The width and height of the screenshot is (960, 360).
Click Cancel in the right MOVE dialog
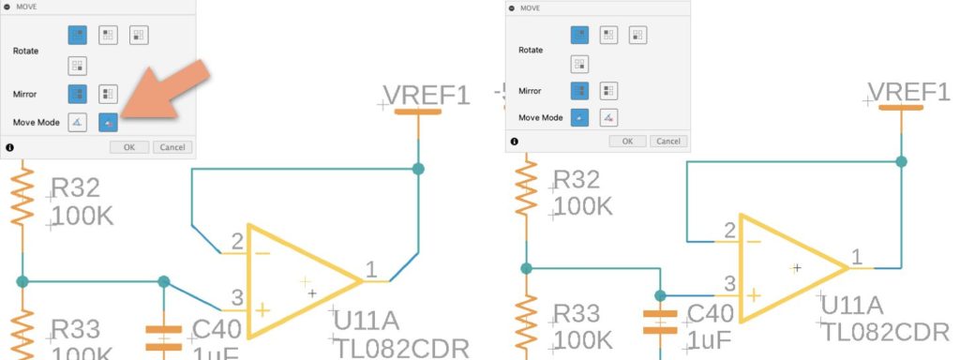tap(668, 141)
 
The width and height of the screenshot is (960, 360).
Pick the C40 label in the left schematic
tap(216, 328)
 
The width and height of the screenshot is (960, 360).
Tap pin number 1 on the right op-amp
tap(856, 256)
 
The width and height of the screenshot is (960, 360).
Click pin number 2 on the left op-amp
tap(237, 240)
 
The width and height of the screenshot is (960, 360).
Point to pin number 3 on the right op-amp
tap(729, 284)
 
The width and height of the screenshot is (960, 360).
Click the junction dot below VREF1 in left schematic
tap(418, 169)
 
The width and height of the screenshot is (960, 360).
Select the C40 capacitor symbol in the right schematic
tap(660, 321)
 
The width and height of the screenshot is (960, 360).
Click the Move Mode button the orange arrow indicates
tap(109, 122)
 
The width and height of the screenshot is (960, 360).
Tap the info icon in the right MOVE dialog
tap(512, 142)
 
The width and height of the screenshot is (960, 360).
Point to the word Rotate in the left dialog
tap(26, 51)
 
